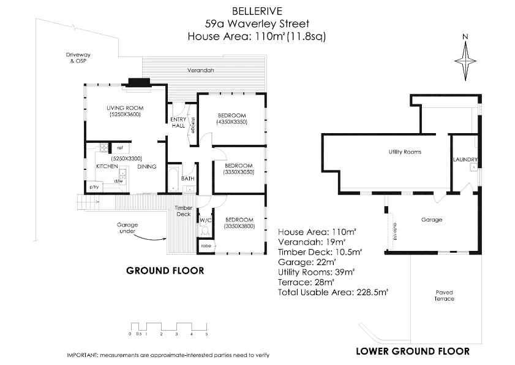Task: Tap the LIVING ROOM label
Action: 126,108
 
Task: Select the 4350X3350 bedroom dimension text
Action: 231,123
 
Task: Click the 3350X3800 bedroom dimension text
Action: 239,226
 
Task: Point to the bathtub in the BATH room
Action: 173,178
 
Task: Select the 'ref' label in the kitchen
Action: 120,148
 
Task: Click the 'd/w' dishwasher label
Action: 119,181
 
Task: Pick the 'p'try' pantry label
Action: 94,186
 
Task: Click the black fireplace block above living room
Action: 139,82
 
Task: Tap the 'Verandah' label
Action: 200,71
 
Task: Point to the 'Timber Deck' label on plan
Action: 184,211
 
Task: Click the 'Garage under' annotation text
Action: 127,228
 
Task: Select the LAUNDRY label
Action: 465,160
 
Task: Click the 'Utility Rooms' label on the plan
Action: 405,152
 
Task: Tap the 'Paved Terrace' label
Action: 445,295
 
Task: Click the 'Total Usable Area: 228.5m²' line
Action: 334,293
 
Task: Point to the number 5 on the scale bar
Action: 207,334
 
